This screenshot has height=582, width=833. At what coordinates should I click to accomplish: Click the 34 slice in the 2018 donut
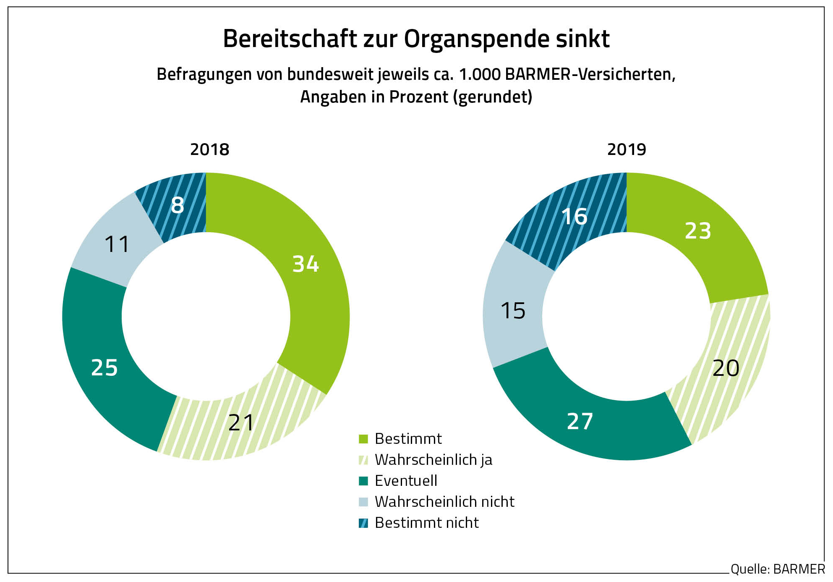311,269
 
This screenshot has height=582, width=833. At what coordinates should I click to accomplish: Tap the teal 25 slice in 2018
105,365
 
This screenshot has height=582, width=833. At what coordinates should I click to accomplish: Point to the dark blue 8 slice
178,206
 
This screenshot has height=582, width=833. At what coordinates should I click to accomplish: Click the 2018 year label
210,149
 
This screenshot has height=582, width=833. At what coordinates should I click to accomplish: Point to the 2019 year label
627,149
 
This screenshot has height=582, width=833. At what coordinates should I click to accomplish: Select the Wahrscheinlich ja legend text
433,460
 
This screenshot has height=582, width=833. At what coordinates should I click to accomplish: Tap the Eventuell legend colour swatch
363,481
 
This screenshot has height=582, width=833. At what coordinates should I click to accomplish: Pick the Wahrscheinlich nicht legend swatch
363,502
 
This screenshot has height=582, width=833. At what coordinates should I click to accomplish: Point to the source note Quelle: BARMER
778,569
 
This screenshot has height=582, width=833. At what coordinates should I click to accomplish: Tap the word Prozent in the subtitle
419,97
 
